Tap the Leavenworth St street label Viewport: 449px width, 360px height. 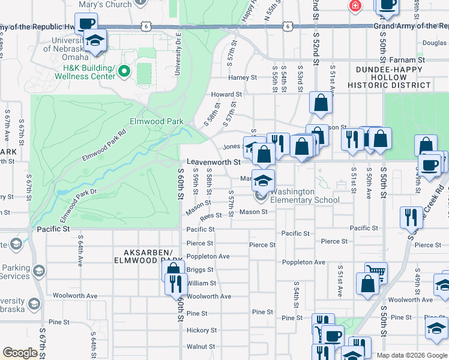point(213,162)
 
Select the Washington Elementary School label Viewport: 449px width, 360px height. point(304,196)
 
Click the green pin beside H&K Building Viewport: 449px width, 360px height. point(124,72)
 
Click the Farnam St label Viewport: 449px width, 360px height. point(409,60)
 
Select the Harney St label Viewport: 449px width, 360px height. point(242,77)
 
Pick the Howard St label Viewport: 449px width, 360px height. point(226,94)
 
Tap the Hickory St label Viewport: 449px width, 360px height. point(201,330)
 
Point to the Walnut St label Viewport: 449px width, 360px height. point(200,346)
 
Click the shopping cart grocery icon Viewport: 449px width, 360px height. point(376,273)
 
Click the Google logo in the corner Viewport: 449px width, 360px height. point(20,353)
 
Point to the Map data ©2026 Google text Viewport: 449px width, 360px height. point(412,355)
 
